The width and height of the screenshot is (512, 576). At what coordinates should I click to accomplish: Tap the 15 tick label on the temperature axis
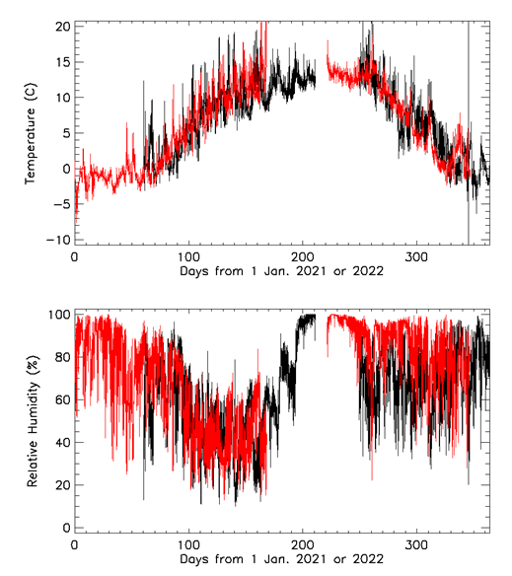pos(61,62)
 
